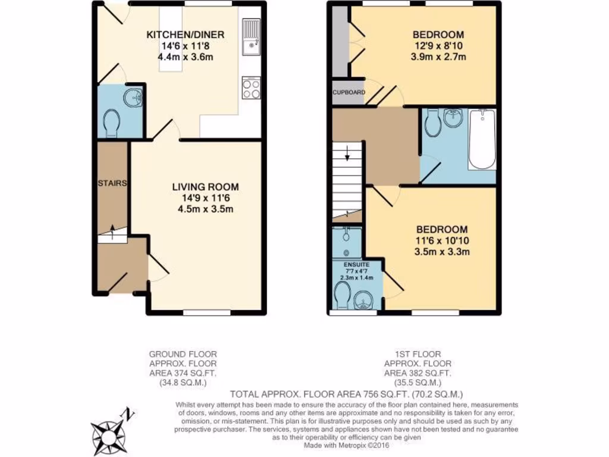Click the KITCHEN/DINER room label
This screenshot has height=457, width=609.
pos(185,35)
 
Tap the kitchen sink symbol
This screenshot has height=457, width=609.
pos(252,36)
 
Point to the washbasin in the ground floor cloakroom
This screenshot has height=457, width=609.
pos(133,96)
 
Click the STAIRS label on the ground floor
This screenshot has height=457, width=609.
pos(112,183)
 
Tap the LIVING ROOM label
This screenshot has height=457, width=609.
pos(205,187)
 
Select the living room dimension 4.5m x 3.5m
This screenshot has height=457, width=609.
pos(205,209)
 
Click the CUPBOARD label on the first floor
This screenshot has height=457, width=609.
pos(349,92)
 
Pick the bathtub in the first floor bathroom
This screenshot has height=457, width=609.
pos(482,139)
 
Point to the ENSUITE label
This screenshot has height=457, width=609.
pos(356,264)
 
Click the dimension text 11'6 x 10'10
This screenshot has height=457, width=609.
pos(442,241)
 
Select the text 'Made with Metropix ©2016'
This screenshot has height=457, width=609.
pos(346,445)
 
